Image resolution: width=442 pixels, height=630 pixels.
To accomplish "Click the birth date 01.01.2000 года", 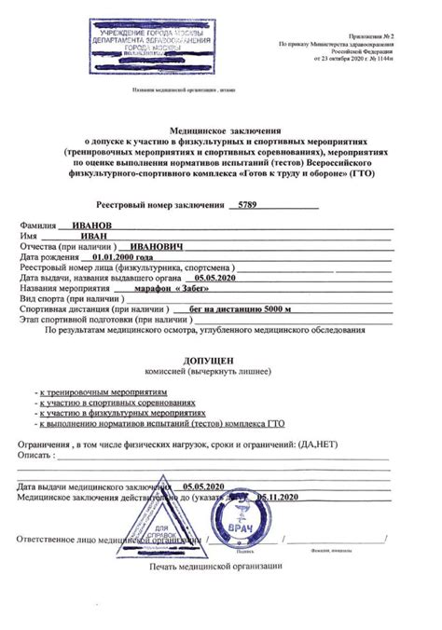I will tap(117, 256).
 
